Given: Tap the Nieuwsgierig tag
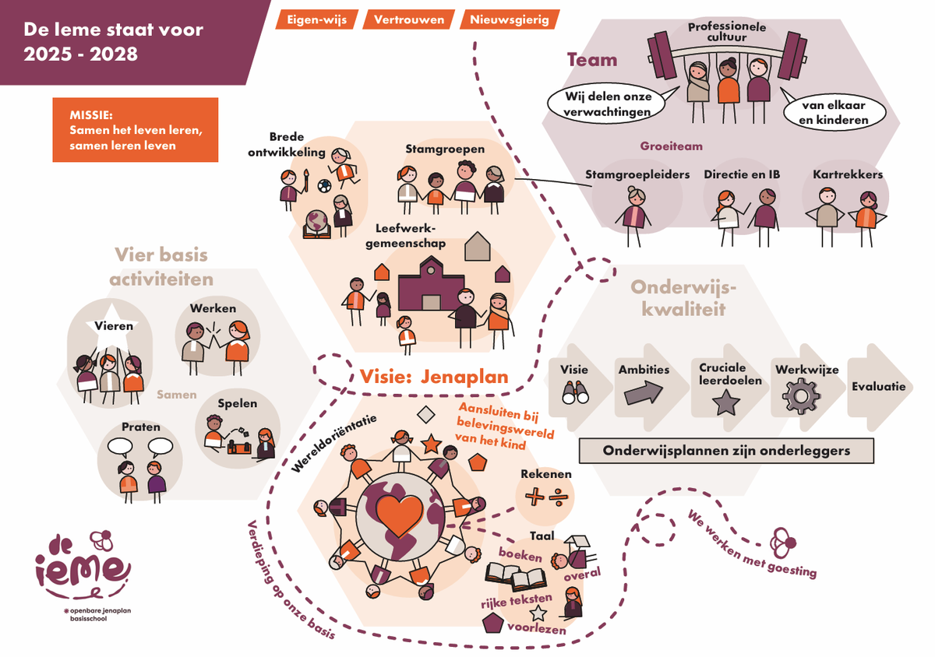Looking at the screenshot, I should point(509,19).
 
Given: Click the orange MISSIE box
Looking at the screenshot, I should point(136,130).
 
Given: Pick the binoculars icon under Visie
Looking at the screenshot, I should point(574,394).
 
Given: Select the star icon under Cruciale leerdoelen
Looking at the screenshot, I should point(726,402).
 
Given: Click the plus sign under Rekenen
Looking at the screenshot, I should point(534,496).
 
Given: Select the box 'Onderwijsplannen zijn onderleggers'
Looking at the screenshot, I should point(726,451).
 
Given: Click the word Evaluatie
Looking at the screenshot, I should point(879,386).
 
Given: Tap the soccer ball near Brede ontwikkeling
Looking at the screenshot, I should point(324,185).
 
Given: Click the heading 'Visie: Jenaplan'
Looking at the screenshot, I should point(434,377).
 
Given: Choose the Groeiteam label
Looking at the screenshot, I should point(671,146).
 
